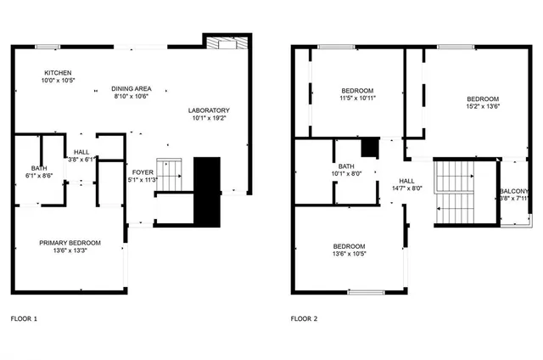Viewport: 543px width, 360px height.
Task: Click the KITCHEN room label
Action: click(x=59, y=73)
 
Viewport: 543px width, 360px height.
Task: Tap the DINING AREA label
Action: click(x=131, y=88)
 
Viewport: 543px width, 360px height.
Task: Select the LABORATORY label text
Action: click(x=208, y=110)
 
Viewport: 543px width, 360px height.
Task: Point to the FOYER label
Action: click(x=142, y=171)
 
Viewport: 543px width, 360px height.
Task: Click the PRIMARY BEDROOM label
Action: click(x=70, y=243)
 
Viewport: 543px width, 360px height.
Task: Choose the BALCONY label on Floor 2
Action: click(x=514, y=191)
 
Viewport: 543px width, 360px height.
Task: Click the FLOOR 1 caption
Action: click(x=24, y=319)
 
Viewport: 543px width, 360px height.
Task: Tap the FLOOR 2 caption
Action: click(x=304, y=319)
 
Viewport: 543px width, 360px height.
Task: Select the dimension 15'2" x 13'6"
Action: click(x=481, y=107)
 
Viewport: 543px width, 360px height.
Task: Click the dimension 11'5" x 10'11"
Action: click(x=358, y=98)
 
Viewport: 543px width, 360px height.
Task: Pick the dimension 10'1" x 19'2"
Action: click(x=208, y=119)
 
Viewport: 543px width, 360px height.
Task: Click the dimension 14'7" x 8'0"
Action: click(x=406, y=188)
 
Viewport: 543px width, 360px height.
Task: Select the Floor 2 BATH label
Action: click(x=346, y=166)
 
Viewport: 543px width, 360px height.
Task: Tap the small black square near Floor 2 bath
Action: click(x=369, y=147)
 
